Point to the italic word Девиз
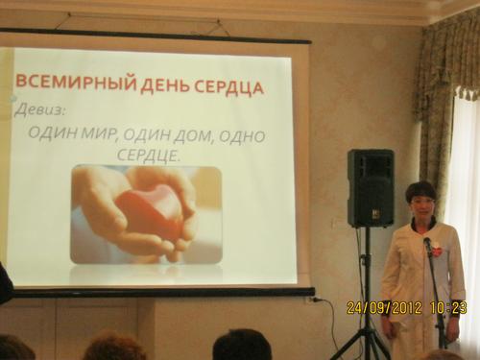pyautogui.click(x=39, y=110)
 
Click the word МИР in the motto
pyautogui.click(x=98, y=133)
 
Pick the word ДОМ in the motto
pyautogui.click(x=188, y=136)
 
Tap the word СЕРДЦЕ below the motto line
pyautogui.click(x=147, y=155)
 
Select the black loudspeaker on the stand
pyautogui.click(x=371, y=188)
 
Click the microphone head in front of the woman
pyautogui.click(x=428, y=245)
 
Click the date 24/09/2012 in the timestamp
pyautogui.click(x=384, y=308)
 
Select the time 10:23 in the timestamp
pyautogui.click(x=447, y=308)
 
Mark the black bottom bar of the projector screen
pyautogui.click(x=160, y=292)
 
